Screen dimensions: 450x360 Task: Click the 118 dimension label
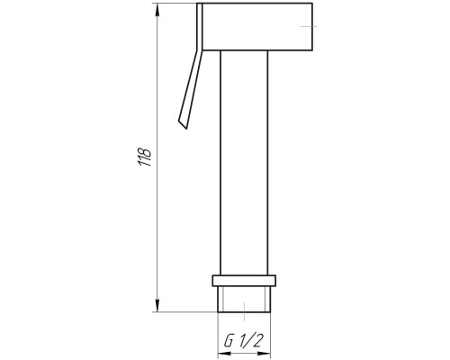tap(144, 157)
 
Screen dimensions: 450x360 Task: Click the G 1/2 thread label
tap(244, 341)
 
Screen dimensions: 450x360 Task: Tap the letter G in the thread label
tap(229, 341)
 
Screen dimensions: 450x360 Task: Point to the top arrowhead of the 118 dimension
tap(157, 10)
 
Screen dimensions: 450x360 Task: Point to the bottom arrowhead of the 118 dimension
tap(157, 305)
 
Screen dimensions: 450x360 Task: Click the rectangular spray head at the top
tap(257, 26)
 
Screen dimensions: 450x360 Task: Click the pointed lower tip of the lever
tap(187, 129)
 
